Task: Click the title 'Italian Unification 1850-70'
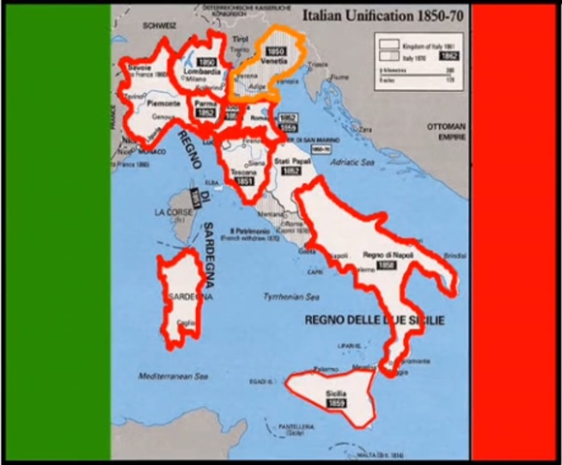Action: pyautogui.click(x=368, y=15)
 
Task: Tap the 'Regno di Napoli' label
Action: pyautogui.click(x=381, y=255)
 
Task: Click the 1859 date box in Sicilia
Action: pyautogui.click(x=336, y=402)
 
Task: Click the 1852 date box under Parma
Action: pyautogui.click(x=204, y=112)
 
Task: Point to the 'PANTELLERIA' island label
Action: pyautogui.click(x=296, y=427)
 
